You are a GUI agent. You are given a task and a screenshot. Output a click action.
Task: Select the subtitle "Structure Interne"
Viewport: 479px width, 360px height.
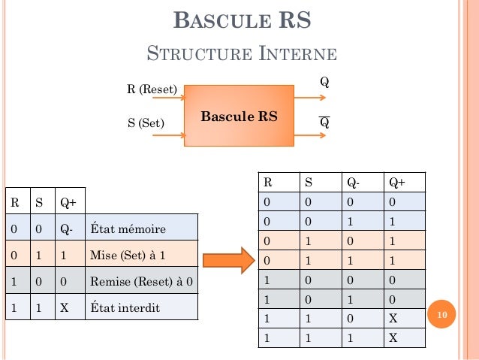click(241, 54)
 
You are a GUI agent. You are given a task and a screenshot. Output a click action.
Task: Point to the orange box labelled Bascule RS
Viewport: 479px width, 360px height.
click(238, 116)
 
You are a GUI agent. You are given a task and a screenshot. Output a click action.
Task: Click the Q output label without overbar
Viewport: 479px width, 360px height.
click(324, 80)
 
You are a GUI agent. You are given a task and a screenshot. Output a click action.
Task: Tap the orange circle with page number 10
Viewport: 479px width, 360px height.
click(442, 313)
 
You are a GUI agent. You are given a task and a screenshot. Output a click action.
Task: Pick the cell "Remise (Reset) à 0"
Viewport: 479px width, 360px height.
click(141, 281)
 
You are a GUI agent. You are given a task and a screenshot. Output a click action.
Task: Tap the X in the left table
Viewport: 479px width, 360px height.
click(65, 307)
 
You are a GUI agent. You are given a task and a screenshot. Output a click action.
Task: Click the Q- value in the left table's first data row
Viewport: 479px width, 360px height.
click(67, 228)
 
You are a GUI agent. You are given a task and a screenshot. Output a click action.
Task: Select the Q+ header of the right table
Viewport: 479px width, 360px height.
click(396, 182)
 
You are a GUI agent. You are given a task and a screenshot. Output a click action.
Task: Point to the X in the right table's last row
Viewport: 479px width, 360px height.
click(394, 337)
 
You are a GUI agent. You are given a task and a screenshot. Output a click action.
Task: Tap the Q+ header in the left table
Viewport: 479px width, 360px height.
click(68, 201)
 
